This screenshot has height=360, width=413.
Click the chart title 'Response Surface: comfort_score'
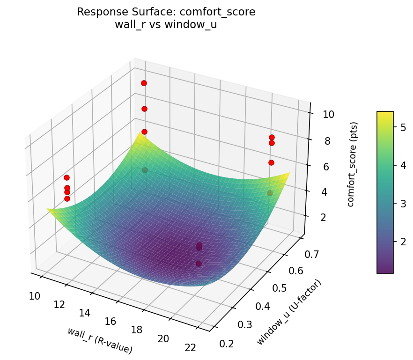point(166,12)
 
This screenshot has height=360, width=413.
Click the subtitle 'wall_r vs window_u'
point(166,25)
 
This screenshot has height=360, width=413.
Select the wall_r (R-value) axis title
point(99,340)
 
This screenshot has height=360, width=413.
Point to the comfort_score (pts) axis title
point(354,164)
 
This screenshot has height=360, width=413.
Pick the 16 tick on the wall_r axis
point(111,321)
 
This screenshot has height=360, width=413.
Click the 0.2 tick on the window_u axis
point(226,344)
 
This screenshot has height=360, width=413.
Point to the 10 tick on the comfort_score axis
point(328,115)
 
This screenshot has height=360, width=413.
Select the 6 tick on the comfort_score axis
point(325,167)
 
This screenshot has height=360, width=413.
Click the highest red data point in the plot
point(144,83)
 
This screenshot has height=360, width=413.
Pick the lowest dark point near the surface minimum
point(199,264)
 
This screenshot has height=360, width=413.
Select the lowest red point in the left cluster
point(67,198)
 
